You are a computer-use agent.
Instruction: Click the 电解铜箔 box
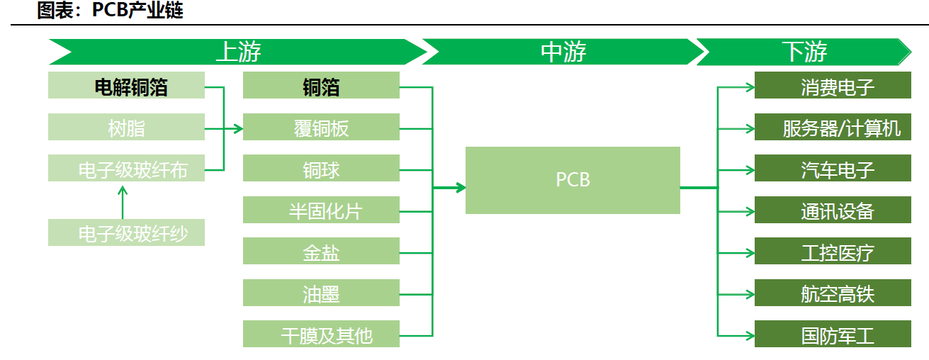point(126,86)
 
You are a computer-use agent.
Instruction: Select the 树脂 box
point(126,128)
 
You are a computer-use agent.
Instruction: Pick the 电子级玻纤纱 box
point(126,233)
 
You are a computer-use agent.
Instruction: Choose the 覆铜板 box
point(321,128)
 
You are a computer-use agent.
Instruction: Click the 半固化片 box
point(321,210)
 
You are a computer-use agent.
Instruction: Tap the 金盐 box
point(321,252)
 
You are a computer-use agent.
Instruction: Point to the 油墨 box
point(321,293)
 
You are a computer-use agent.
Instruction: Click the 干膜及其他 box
point(321,334)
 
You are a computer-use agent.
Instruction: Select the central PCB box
point(573,180)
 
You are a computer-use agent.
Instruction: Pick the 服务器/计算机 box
point(833,128)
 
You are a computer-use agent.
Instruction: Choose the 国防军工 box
point(833,334)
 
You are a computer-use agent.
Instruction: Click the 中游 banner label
point(563,52)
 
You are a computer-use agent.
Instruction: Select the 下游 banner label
point(804,52)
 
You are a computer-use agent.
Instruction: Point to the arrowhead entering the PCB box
point(461,188)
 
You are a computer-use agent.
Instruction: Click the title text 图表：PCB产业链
point(110,11)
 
